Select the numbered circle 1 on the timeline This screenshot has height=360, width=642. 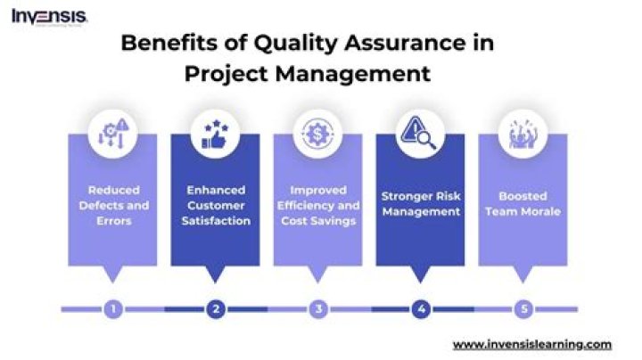(112, 309)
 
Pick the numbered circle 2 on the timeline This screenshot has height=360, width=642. (215, 309)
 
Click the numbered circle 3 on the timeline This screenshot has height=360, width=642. (318, 309)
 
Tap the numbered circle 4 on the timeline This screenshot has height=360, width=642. (421, 309)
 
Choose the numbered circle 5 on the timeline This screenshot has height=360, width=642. (523, 309)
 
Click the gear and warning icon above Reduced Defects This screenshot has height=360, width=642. (112, 133)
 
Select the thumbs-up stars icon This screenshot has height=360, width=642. (215, 133)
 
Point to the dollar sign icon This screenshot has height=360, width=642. (318, 133)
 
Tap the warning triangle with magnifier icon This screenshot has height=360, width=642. (421, 133)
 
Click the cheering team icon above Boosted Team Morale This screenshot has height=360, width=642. (523, 133)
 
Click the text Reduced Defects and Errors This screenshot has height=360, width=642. (112, 205)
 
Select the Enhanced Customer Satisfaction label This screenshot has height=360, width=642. (215, 205)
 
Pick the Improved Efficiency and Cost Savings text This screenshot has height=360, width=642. (318, 205)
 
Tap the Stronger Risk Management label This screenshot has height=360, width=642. (421, 204)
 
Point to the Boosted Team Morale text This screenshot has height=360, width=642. (523, 204)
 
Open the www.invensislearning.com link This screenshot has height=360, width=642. (532, 344)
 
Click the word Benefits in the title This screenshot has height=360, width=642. (160, 43)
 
